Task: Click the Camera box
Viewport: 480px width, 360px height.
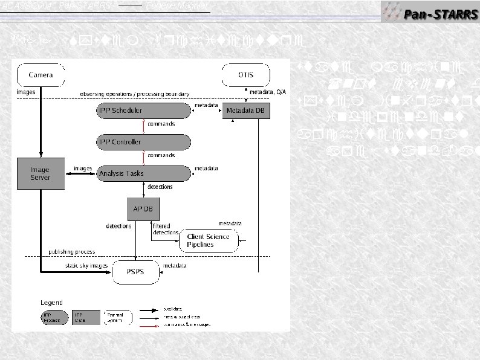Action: click(41, 76)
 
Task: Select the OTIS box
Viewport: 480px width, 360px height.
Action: click(245, 76)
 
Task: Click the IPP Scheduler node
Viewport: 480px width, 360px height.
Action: click(143, 111)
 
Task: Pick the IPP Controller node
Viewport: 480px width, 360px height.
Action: click(143, 142)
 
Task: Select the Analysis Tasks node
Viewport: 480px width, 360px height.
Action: click(143, 173)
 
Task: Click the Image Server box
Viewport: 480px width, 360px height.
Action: click(41, 173)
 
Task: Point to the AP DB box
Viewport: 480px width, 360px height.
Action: click(143, 208)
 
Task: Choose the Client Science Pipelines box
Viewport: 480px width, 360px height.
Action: click(209, 240)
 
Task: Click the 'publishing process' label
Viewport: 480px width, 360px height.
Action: click(73, 251)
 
